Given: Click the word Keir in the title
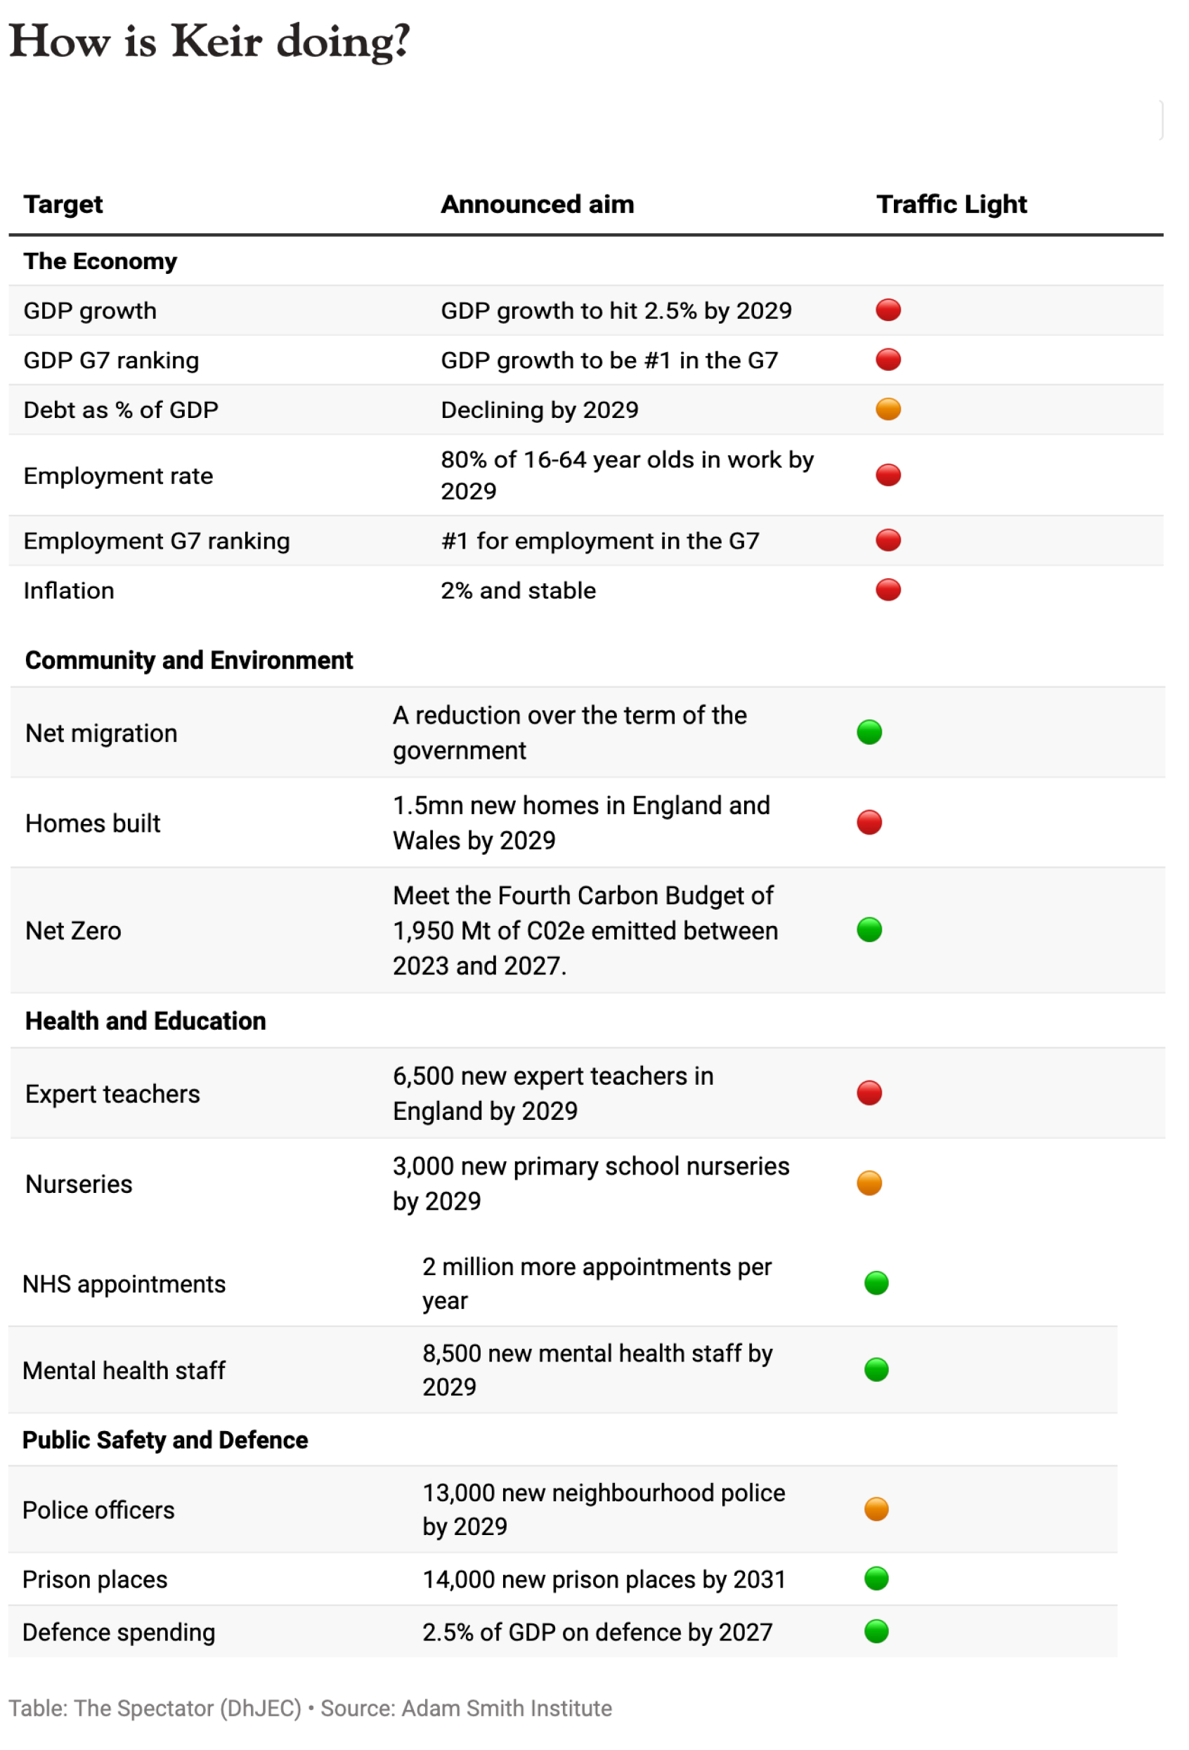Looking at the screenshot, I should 217,41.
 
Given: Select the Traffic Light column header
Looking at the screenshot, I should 951,204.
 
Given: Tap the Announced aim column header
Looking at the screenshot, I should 537,204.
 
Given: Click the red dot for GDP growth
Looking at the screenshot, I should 888,311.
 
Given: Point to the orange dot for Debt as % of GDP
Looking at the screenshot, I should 888,410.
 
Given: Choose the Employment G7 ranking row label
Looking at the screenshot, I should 157,541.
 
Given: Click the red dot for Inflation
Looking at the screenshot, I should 888,590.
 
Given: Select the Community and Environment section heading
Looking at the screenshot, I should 189,660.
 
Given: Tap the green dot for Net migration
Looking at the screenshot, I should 869,732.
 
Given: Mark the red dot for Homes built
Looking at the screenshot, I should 869,822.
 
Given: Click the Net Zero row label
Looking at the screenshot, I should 73,931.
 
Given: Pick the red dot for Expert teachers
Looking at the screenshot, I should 869,1093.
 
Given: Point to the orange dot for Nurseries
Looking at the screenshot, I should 869,1183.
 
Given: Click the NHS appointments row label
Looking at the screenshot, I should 124,1284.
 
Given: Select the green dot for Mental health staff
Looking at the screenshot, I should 876,1370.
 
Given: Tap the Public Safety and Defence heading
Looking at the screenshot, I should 165,1439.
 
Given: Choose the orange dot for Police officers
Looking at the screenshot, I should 876,1510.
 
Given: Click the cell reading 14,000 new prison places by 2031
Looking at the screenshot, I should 604,1579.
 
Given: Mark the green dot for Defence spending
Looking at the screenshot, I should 876,1632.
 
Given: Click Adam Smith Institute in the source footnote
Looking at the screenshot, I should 506,1709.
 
